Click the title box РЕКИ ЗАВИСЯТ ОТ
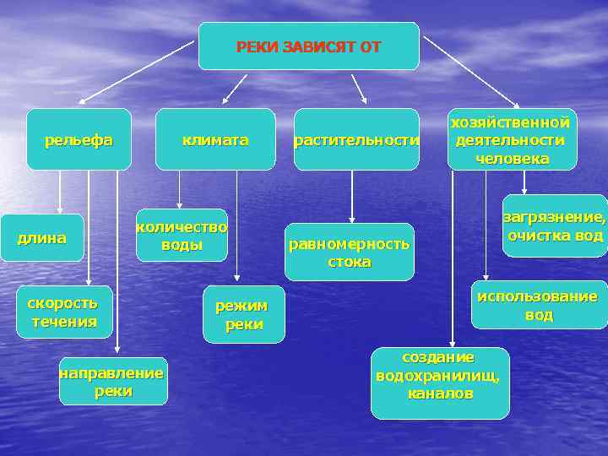click(308, 46)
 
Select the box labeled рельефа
click(79, 139)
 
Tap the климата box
click(215, 139)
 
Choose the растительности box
click(356, 139)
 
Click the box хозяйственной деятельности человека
click(512, 139)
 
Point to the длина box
click(42, 238)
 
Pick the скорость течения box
click(63, 312)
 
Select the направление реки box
click(113, 381)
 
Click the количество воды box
click(182, 235)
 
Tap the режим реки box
click(244, 314)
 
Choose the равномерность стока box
click(350, 252)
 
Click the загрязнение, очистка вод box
click(555, 226)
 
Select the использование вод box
click(539, 305)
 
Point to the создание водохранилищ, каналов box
click(439, 383)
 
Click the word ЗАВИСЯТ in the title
click(318, 46)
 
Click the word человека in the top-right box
click(512, 159)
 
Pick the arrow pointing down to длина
click(60, 191)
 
